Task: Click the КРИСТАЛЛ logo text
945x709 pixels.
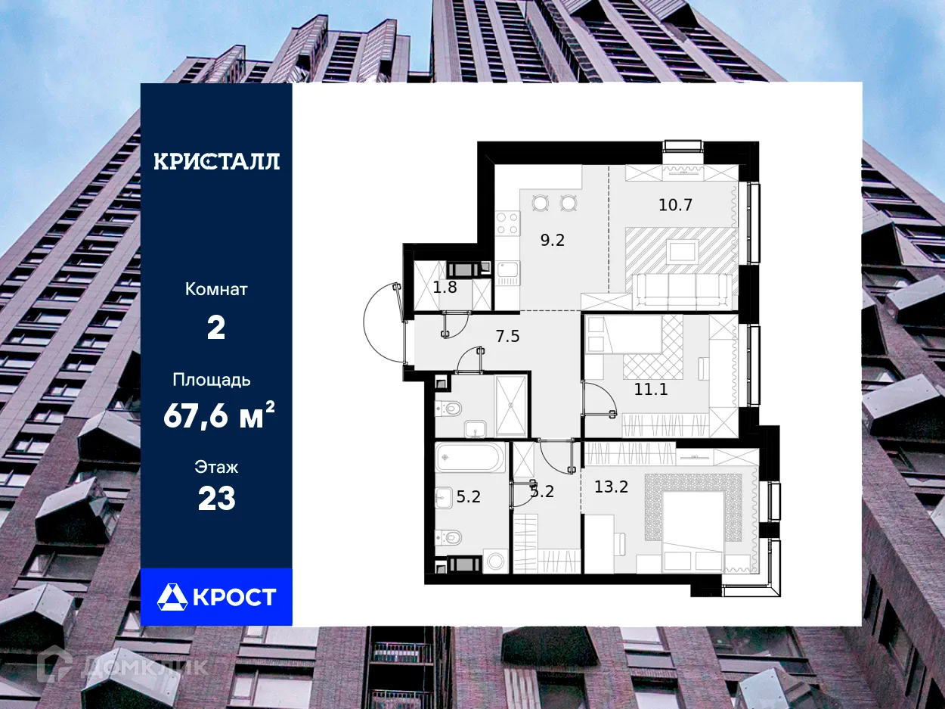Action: click(x=216, y=161)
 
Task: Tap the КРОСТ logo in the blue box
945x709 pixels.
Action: click(x=216, y=597)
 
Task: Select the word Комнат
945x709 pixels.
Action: click(x=216, y=289)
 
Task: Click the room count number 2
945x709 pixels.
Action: click(x=216, y=328)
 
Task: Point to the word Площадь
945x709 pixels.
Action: click(x=212, y=379)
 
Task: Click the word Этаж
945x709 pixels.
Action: click(x=216, y=467)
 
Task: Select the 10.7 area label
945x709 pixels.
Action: click(x=675, y=204)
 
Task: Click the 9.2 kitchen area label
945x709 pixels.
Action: click(x=552, y=241)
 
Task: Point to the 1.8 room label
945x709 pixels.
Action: click(x=445, y=287)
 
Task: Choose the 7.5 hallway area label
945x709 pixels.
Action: click(x=507, y=336)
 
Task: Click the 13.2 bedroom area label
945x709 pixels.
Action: click(x=612, y=487)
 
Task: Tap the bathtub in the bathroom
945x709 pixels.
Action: click(x=470, y=458)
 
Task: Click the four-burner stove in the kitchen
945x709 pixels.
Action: click(x=507, y=222)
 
